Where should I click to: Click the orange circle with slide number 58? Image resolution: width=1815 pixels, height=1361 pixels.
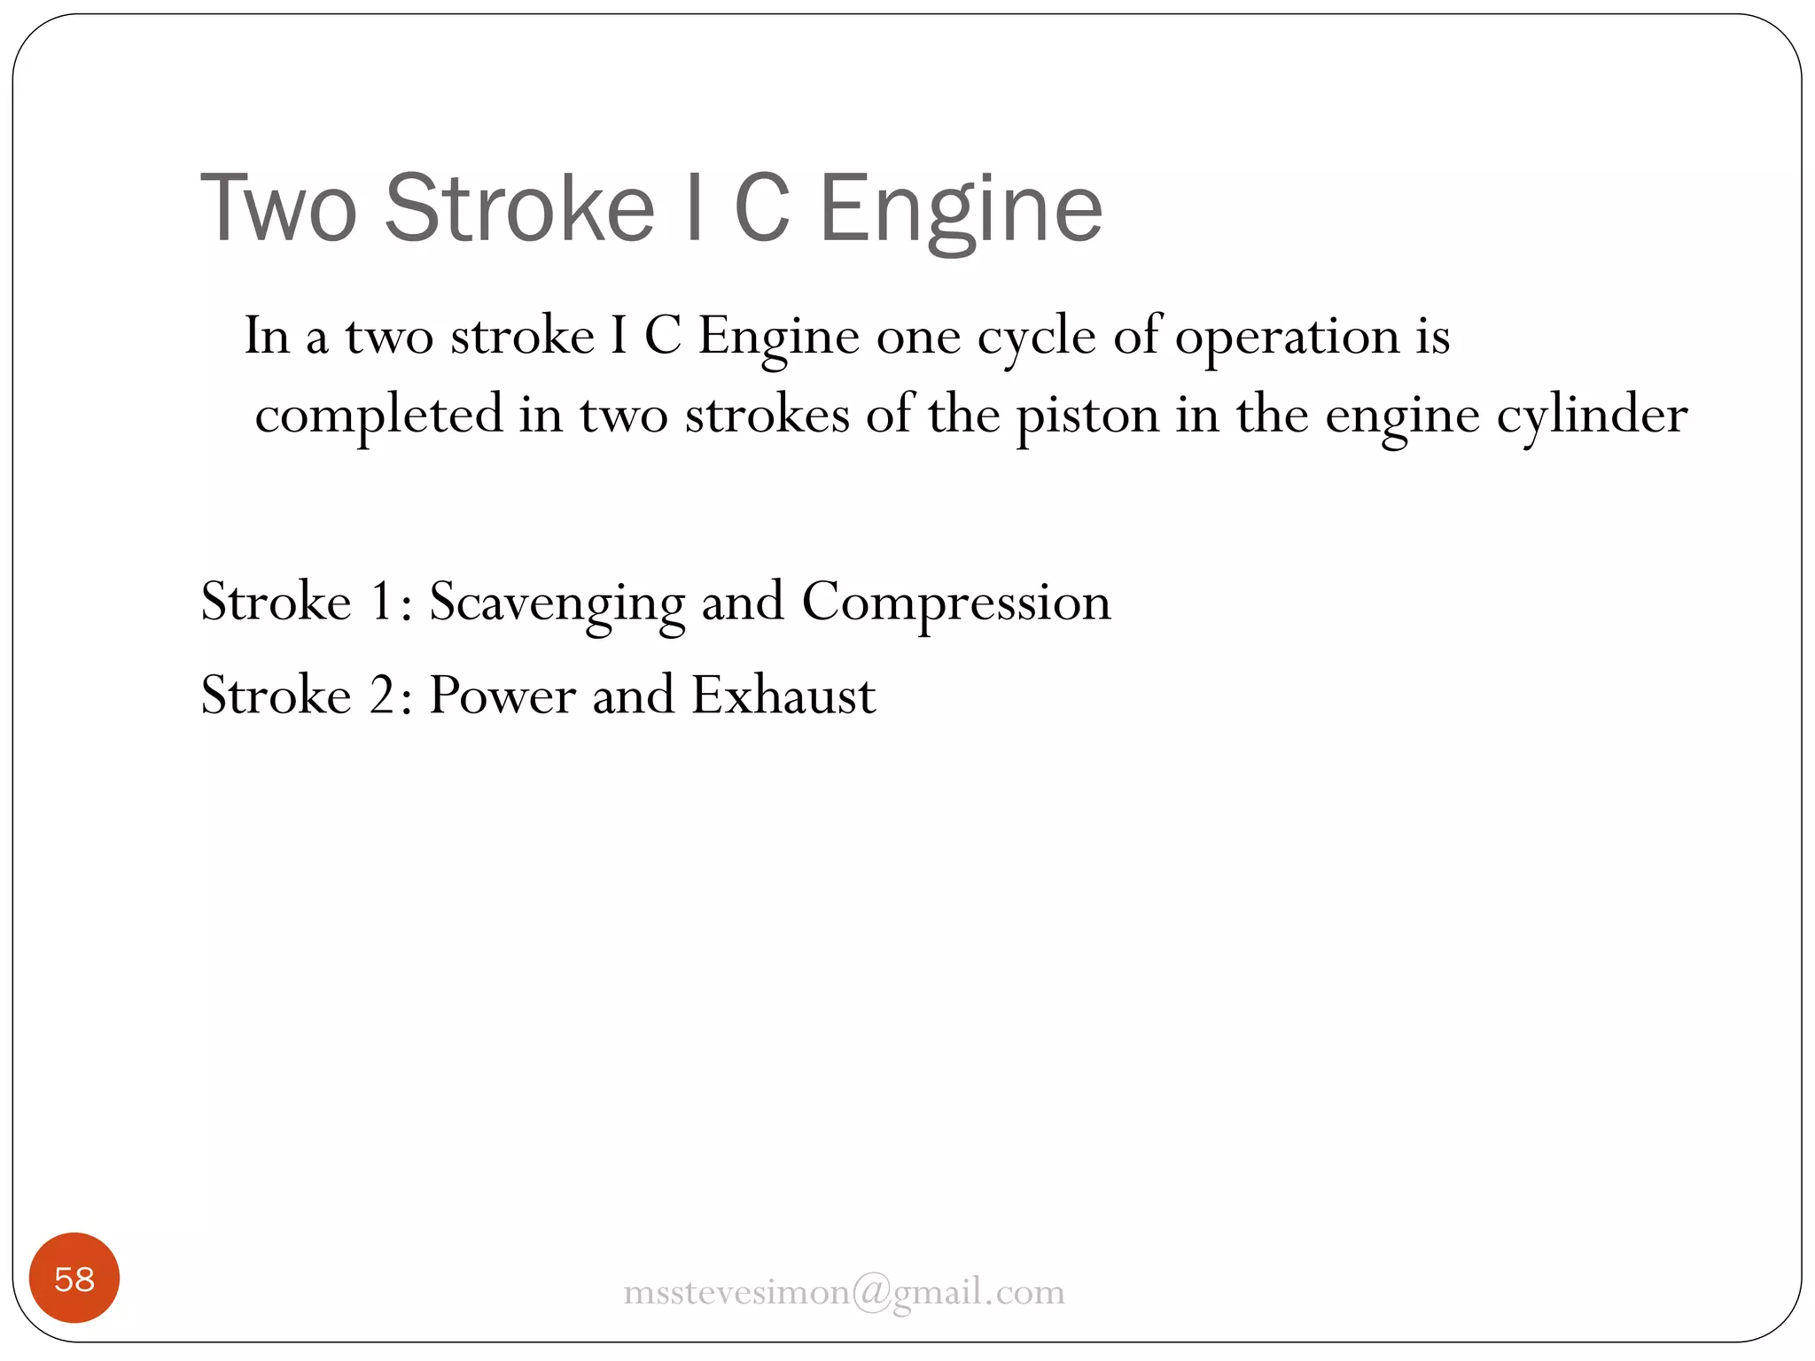pos(74,1278)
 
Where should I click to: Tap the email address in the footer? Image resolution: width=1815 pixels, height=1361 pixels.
pos(844,1292)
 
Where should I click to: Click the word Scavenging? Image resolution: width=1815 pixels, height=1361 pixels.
pos(557,603)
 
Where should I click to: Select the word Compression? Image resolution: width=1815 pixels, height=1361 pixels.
pos(955,603)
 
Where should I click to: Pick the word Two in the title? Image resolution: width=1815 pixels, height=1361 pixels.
pos(279,208)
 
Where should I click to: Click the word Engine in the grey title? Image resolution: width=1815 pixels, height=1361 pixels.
pos(961,208)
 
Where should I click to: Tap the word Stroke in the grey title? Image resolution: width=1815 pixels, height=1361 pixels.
pos(519,208)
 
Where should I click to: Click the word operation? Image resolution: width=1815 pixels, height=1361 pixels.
pos(1287,337)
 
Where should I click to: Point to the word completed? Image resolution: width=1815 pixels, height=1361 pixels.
pos(378,415)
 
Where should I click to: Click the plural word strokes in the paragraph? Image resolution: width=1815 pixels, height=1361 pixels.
pos(767,415)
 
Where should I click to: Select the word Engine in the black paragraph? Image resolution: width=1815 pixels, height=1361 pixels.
pos(778,337)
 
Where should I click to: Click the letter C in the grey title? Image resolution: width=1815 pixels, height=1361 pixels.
pos(761,208)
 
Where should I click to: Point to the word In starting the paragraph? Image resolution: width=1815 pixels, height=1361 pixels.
pos(267,337)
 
